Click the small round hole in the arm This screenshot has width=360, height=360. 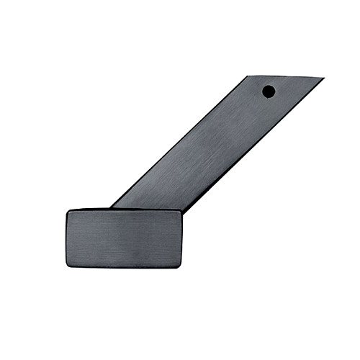[268, 91]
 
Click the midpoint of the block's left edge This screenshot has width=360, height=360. [67, 238]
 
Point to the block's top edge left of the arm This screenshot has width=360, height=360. [90, 210]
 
